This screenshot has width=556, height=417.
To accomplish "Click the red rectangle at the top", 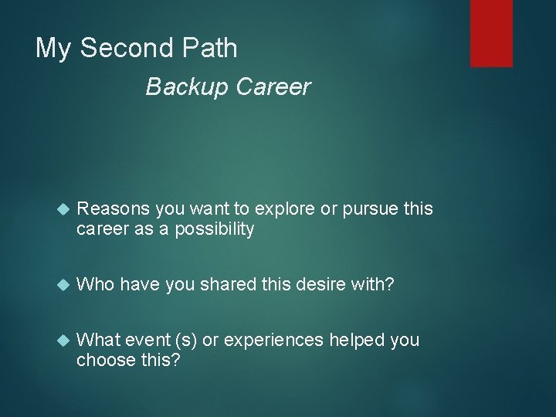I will point(492,32).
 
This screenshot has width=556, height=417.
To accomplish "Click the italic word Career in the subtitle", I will point(273,87).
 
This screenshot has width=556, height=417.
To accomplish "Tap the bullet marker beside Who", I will point(63,286).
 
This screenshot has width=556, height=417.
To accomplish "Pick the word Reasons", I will point(114,209).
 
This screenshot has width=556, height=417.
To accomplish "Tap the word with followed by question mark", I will point(374,286).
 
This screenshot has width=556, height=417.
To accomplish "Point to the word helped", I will point(361,341).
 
